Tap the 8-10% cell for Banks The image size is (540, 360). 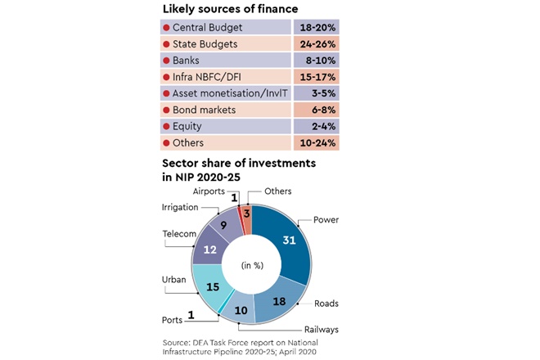click(316, 60)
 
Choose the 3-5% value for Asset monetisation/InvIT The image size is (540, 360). click(316, 94)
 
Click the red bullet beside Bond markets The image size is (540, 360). click(167, 110)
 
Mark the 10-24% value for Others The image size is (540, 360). click(316, 144)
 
